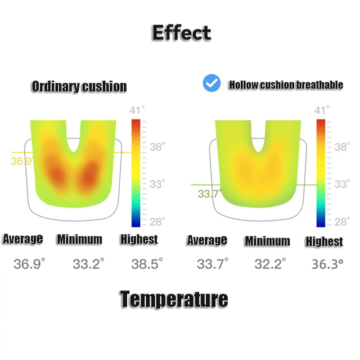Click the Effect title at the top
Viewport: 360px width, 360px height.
(181, 33)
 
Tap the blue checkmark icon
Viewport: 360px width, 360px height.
(211, 83)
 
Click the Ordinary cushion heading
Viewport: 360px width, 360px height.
(79, 86)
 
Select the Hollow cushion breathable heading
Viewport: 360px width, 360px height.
(286, 85)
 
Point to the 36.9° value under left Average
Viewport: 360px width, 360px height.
(29, 264)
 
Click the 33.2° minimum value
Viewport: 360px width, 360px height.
(89, 264)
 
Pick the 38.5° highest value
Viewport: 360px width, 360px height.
(147, 264)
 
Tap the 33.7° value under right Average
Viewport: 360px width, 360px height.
(213, 264)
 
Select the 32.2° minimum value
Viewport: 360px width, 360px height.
(270, 264)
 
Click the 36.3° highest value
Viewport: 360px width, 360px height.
(328, 264)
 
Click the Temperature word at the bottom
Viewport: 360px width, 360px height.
(174, 299)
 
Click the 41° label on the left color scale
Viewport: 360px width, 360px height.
(137, 110)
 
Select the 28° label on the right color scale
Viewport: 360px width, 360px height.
(342, 221)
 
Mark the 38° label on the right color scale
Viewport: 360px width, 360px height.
(342, 147)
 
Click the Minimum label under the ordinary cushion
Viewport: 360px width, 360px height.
(79, 239)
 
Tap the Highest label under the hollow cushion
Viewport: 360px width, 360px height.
(324, 242)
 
